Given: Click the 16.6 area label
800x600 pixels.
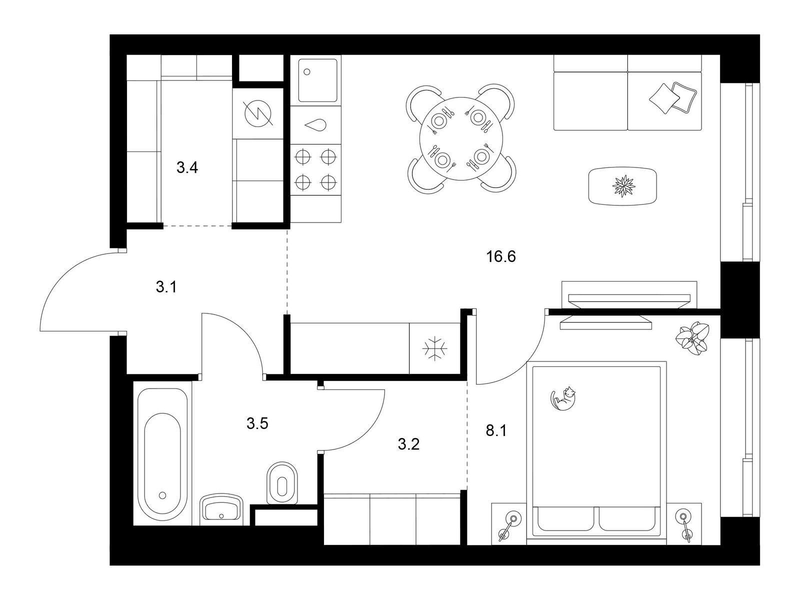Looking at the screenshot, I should (501, 257).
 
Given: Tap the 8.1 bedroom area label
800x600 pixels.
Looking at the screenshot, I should (496, 430).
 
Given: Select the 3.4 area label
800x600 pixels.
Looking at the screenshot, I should (187, 167).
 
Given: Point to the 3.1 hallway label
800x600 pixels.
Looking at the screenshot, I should (166, 287).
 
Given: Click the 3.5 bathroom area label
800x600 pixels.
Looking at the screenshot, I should (257, 424).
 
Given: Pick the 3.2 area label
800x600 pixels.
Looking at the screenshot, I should (408, 443).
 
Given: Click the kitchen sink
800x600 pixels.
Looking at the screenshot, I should (317, 80).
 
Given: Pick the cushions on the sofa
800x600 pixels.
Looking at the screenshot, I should (673, 97).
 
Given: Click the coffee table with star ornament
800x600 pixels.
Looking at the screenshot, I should (623, 185).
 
